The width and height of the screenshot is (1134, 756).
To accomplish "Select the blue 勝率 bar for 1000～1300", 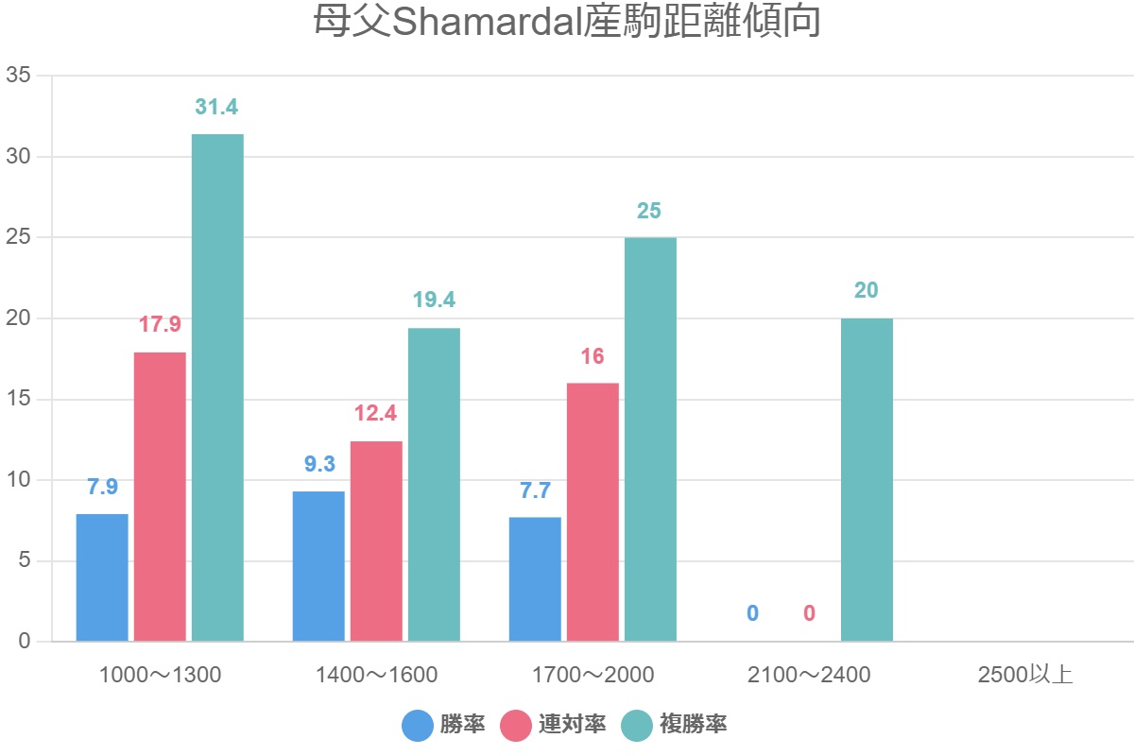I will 102,577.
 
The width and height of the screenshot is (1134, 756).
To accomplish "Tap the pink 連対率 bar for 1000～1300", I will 160,497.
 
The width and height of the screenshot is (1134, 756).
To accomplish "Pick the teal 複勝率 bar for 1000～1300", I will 217,387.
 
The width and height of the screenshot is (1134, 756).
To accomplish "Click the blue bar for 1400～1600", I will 318,566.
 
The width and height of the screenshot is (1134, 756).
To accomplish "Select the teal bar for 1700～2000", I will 650,439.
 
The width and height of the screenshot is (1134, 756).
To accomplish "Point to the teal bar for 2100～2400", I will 867,480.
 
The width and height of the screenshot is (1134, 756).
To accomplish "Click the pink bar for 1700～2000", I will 593,512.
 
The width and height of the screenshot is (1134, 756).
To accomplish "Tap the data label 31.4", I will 216,107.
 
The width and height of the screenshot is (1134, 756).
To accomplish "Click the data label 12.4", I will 377,414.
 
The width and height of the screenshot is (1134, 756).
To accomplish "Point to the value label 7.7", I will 535,490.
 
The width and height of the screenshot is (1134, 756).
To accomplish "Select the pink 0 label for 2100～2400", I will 809,613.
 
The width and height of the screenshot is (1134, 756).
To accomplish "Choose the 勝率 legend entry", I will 444,726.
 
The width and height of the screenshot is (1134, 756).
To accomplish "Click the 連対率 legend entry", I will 554,726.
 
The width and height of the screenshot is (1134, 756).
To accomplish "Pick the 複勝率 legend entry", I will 675,726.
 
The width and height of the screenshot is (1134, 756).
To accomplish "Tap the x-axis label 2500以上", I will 1025,675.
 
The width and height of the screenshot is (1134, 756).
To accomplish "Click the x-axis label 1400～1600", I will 376,675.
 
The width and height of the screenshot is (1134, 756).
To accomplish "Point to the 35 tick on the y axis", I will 19,76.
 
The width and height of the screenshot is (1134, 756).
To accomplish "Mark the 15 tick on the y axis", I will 19,399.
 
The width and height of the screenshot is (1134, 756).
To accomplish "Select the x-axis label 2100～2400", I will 809,675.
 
